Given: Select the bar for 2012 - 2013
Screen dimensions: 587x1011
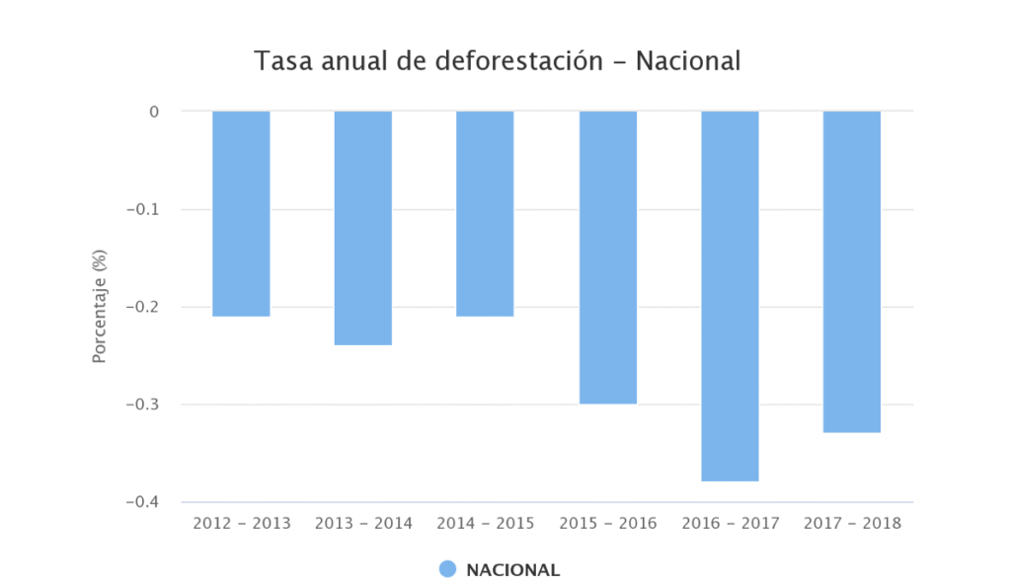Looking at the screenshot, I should [x=241, y=213].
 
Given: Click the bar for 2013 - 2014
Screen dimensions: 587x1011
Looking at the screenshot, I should [x=363, y=228].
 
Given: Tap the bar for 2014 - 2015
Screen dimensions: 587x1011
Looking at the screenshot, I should [x=485, y=213].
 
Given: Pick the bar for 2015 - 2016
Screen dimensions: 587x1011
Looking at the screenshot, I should [x=607, y=257].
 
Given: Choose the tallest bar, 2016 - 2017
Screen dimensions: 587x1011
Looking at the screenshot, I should [x=730, y=296].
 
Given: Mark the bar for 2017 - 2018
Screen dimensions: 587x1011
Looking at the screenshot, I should [x=852, y=271].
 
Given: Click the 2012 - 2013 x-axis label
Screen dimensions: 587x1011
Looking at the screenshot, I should [x=242, y=523].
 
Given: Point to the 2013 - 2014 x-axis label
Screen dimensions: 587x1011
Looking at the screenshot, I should [x=363, y=523].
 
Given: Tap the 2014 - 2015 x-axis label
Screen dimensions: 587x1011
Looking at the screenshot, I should [x=485, y=523].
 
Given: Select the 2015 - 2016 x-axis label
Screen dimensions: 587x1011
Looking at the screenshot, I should [x=607, y=523].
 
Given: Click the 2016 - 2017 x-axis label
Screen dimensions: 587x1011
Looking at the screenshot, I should [x=730, y=523].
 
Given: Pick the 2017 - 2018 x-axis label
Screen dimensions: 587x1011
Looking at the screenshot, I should [x=852, y=523].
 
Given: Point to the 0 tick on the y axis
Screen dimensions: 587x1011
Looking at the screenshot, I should [x=154, y=111].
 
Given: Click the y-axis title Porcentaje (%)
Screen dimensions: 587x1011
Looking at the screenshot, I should [x=100, y=307].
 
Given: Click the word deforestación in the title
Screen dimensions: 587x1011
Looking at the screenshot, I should [x=519, y=61].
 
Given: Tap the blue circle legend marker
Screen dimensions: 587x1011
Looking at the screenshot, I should [x=447, y=569].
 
